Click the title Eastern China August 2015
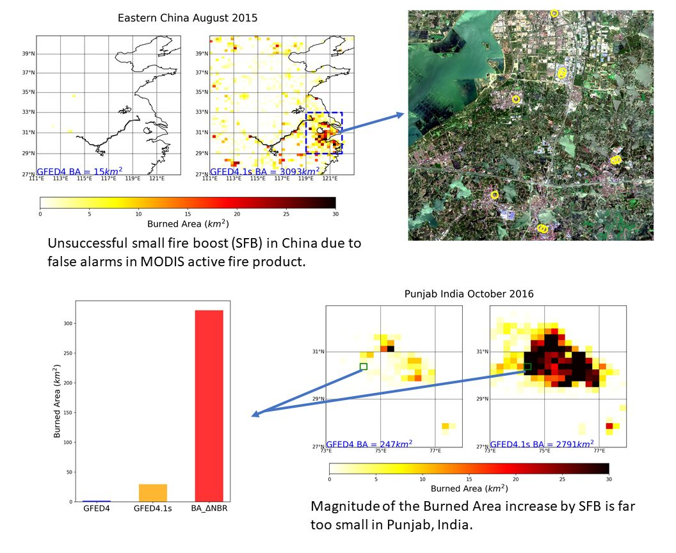[188, 18]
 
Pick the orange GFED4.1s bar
[153, 492]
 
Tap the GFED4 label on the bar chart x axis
[97, 509]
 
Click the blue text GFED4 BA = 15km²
[79, 172]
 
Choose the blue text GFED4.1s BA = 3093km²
[257, 172]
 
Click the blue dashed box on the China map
[324, 133]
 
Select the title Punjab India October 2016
[469, 294]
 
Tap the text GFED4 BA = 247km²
[369, 444]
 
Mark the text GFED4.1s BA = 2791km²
[542, 444]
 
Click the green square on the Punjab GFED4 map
[364, 367]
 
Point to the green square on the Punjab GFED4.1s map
[528, 367]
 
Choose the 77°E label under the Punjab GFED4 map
[435, 451]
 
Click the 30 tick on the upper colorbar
[335, 214]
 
